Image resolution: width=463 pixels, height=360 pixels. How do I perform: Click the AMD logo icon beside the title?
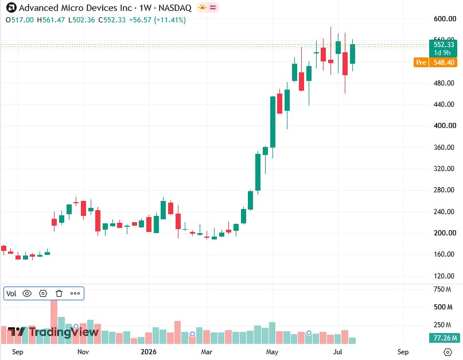(x=11, y=7)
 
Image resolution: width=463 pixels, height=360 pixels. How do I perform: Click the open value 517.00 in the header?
(x=22, y=20)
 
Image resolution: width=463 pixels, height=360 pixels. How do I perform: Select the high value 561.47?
(x=53, y=20)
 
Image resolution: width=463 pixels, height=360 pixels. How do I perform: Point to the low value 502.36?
(x=84, y=20)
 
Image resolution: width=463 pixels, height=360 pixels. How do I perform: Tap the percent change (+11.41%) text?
(x=170, y=20)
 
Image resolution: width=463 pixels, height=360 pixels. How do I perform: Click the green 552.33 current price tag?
(x=443, y=48)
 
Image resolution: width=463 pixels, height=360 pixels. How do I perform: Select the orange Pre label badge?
(x=421, y=63)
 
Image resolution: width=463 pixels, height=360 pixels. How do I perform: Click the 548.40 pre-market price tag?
(x=443, y=63)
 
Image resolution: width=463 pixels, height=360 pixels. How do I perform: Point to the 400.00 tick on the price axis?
(x=445, y=126)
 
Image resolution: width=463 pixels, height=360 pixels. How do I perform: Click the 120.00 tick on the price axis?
(x=444, y=276)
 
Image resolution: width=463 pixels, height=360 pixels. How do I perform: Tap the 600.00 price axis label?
(x=445, y=18)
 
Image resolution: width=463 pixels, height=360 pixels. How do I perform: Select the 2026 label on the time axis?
(x=149, y=352)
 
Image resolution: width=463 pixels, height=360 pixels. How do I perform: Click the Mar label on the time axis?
(x=207, y=352)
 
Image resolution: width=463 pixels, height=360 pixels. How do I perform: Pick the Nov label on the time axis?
(x=83, y=352)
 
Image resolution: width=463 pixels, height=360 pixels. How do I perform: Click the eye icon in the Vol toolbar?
(x=27, y=293)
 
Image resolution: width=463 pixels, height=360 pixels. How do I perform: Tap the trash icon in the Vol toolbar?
(x=59, y=293)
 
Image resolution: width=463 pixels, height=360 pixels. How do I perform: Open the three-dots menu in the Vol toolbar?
(x=75, y=293)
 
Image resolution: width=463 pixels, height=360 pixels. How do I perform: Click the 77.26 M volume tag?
(x=445, y=338)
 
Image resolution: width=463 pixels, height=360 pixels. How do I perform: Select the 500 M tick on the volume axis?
(x=443, y=307)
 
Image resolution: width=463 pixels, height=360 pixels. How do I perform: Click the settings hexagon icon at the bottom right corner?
(x=448, y=352)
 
